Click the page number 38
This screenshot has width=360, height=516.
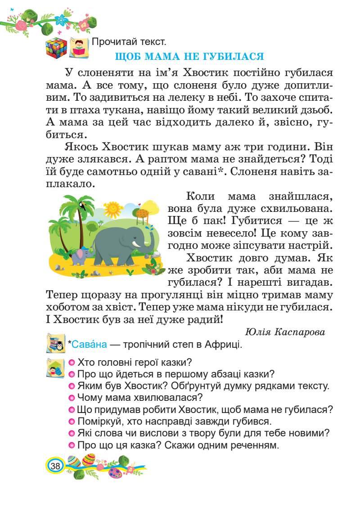pyautogui.click(x=55, y=465)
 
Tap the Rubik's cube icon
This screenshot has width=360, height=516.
pyautogui.click(x=55, y=47)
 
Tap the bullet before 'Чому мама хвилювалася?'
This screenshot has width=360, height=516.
pyautogui.click(x=72, y=398)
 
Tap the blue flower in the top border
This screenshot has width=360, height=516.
pyautogui.click(x=60, y=19)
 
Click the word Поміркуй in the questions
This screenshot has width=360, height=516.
pyautogui.click(x=101, y=422)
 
